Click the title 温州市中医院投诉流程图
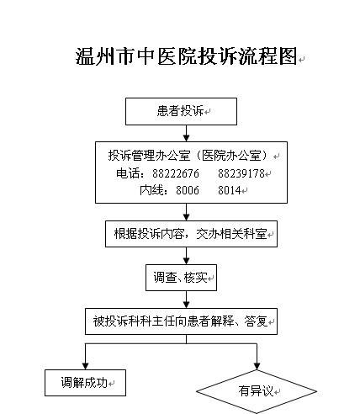click(186, 56)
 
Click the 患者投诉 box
click(181, 111)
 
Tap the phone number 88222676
click(176, 173)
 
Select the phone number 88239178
click(241, 173)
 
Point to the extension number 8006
click(188, 190)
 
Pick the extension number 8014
click(230, 190)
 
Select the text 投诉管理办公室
click(150, 156)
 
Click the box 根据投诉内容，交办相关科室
click(191, 234)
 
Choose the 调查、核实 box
click(181, 278)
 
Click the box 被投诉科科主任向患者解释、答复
click(181, 321)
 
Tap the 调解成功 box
click(85, 383)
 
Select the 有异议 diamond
click(257, 391)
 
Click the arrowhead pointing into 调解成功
click(86, 366)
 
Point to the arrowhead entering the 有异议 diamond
click(257, 366)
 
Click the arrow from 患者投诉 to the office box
click(187, 133)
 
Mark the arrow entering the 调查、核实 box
click(187, 256)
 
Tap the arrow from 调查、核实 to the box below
click(187, 300)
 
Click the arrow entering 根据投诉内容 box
click(187, 212)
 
